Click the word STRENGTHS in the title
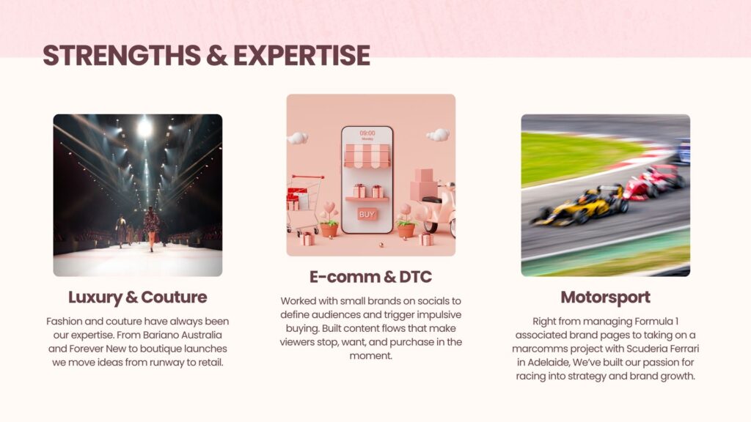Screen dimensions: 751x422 122,55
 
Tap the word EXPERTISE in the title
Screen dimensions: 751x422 301,55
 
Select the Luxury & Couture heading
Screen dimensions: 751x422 137,297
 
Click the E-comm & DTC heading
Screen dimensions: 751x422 370,276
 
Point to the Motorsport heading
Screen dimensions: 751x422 605,297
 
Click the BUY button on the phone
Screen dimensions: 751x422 367,215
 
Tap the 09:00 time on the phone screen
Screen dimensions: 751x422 367,133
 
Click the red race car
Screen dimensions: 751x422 653,182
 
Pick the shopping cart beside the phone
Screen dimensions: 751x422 304,204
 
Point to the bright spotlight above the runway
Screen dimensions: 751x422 144,127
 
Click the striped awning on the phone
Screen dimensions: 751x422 367,156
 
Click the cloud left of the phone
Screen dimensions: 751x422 298,138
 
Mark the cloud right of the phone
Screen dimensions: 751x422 439,135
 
